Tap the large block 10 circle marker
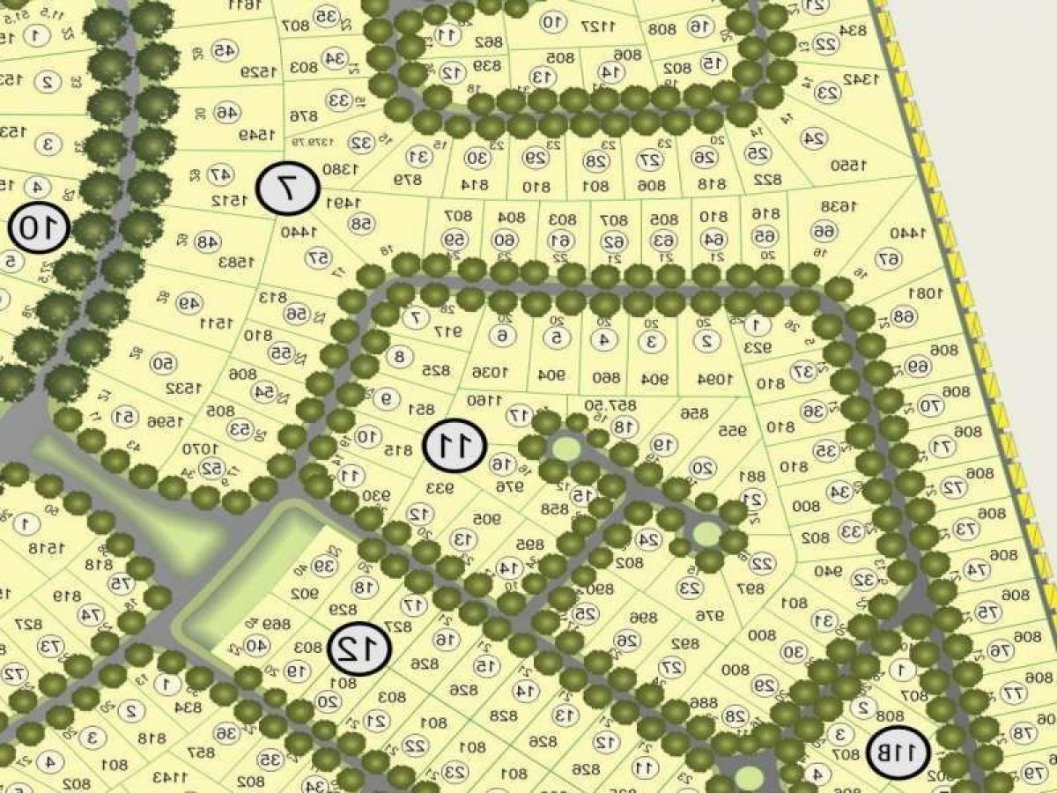[40, 228]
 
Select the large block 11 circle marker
[455, 446]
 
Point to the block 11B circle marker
[898, 753]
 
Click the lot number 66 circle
[823, 232]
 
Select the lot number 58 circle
[361, 225]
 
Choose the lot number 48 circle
[206, 241]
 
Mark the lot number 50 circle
[163, 364]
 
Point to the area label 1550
[848, 165]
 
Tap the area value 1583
[238, 262]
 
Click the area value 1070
[200, 448]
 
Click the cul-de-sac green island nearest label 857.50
[565, 449]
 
